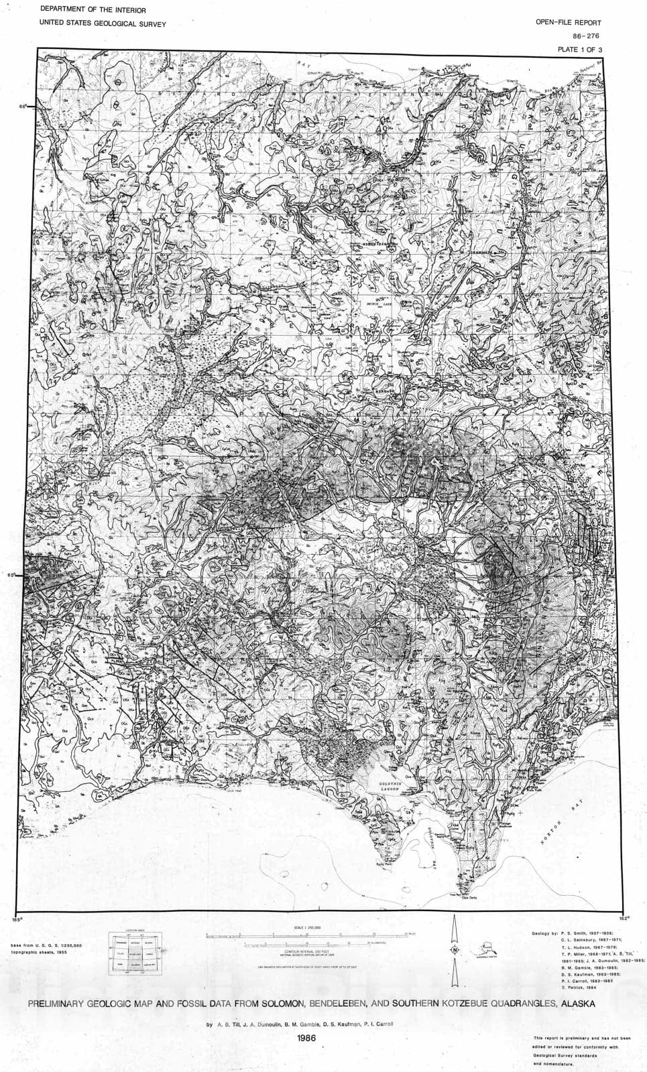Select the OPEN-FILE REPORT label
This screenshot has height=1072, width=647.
[569, 23]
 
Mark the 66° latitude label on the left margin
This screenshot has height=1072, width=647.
[23, 107]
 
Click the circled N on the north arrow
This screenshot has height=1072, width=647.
[455, 950]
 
